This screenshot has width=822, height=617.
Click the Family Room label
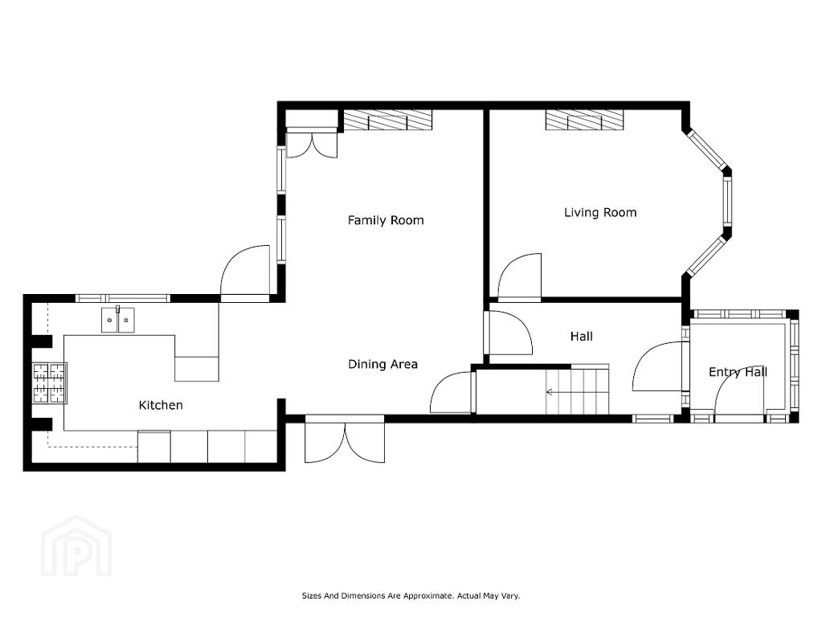coord(386,220)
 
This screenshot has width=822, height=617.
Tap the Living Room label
coord(600,212)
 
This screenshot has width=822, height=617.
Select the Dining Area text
coord(382,364)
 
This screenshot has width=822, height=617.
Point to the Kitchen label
coord(161,405)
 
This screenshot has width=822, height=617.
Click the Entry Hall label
coord(738,372)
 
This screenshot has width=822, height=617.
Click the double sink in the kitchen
coord(118,320)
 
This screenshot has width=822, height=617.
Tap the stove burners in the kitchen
coord(50,383)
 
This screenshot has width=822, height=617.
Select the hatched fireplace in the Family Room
coord(388,120)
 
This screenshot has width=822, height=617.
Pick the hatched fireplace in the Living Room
coord(584,120)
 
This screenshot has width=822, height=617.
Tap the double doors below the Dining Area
coord(345,439)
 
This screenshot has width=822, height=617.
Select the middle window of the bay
coord(728,201)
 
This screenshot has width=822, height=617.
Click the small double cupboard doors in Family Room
coord(312,144)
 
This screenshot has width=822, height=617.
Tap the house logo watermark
coord(76,546)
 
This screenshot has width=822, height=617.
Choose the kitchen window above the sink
coord(123,298)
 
